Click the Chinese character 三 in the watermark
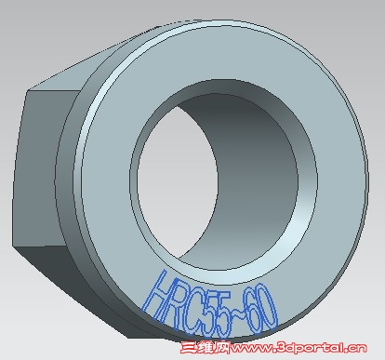click(189, 348)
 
